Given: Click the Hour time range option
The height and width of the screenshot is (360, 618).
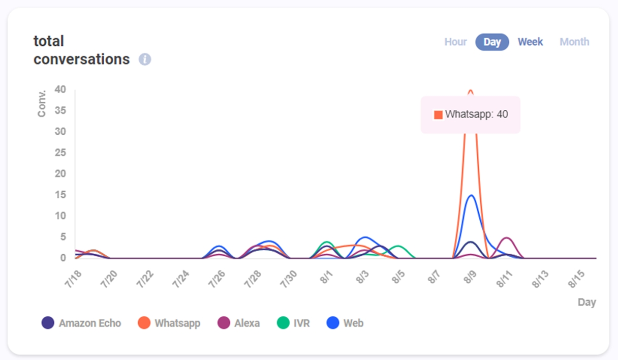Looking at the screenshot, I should (455, 42).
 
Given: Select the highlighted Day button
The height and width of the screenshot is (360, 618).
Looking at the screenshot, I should (492, 42).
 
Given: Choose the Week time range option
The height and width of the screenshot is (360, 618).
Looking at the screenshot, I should (530, 42).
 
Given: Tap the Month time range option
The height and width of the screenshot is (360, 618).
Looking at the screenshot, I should (574, 42).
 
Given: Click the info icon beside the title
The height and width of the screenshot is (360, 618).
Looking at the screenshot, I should (145, 59).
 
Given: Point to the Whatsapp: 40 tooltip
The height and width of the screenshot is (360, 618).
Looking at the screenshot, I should (471, 115).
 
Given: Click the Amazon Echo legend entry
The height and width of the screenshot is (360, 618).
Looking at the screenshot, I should (81, 323).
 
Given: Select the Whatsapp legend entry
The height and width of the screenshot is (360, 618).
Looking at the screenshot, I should (169, 323).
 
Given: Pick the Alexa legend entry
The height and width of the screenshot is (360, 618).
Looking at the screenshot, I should (239, 323).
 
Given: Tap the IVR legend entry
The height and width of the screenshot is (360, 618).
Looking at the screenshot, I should (293, 323).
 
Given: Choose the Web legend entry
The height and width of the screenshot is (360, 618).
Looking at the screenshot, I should (345, 323).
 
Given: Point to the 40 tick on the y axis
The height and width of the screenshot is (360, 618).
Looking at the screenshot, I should (60, 89).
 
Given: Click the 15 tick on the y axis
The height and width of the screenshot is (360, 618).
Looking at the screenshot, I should (60, 195).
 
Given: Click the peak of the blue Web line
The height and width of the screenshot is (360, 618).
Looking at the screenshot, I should (471, 195).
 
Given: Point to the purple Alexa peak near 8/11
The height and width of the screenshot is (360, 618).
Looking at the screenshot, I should (506, 237).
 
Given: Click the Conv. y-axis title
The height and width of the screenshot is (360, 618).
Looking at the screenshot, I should (42, 103).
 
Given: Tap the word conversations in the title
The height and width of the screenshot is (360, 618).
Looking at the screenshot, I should (81, 59).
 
